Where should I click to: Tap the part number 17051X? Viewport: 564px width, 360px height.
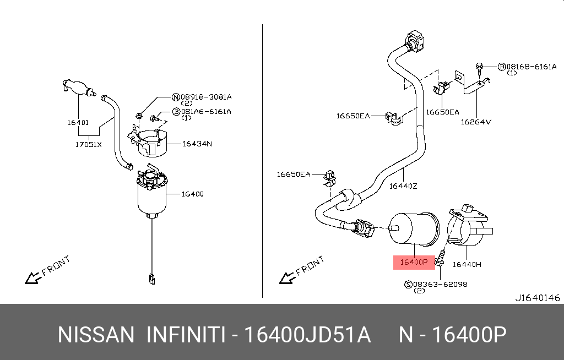coord(89,145)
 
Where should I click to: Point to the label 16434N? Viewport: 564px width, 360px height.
coord(197,144)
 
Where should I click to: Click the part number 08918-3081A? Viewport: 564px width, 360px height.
coord(207,97)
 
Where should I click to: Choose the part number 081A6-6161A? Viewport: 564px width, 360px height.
coord(207,111)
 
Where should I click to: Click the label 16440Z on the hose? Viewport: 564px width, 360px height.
coord(403,186)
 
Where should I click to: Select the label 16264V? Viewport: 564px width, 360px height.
coord(476,122)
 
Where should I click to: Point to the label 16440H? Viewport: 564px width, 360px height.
coord(467,264)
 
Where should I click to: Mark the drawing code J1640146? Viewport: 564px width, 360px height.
coord(537,298)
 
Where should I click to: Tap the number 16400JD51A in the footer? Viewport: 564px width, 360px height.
coord(307,335)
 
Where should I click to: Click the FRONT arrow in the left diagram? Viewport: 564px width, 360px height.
coord(47,270)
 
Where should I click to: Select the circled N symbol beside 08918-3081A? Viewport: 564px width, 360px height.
coord(176,97)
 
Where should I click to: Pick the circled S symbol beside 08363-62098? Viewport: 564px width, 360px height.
coord(408,284)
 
